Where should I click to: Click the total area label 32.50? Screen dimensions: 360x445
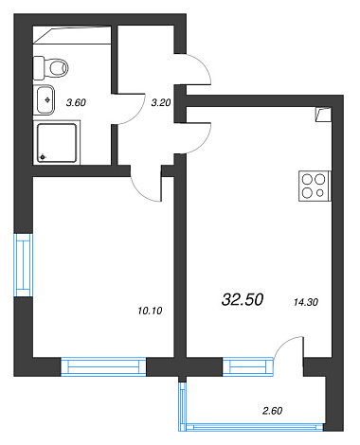(243, 299)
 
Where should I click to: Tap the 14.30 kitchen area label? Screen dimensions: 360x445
(306, 302)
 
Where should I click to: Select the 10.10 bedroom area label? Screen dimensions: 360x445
(150, 311)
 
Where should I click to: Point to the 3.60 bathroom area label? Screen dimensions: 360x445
(76, 102)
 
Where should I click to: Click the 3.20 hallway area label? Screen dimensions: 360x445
(161, 102)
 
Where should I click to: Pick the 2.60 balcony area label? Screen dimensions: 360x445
(272, 411)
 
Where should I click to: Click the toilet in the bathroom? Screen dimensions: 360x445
(51, 68)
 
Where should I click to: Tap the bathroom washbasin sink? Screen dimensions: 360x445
(45, 100)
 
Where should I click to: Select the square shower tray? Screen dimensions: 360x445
(57, 143)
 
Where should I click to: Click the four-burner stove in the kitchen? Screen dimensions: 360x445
(315, 186)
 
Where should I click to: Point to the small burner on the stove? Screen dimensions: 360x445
(320, 192)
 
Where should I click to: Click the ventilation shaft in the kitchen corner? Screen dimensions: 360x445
(323, 115)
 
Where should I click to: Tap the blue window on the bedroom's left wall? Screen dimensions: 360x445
(24, 265)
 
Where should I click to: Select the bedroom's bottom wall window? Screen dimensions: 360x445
(103, 366)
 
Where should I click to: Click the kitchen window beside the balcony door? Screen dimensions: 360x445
(248, 366)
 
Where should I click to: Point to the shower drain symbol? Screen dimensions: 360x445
(43, 157)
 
